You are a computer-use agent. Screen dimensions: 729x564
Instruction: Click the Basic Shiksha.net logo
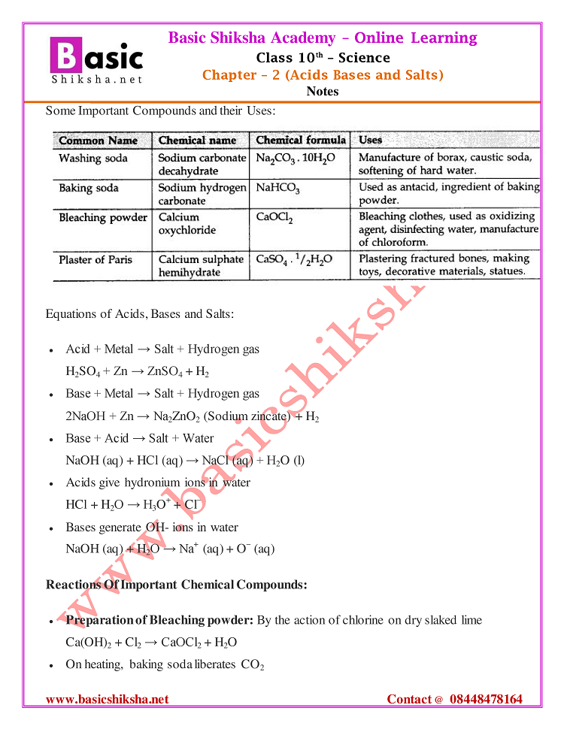point(96,59)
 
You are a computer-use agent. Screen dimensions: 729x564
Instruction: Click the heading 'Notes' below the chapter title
point(323,92)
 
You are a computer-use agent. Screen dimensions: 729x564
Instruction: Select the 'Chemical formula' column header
point(301,141)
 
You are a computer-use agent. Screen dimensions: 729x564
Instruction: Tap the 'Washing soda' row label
point(93,159)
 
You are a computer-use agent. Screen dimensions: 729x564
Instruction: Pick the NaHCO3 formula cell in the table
point(277,188)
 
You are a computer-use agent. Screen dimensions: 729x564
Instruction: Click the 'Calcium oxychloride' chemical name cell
point(187,224)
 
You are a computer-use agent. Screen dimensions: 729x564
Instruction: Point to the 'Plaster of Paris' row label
point(96,260)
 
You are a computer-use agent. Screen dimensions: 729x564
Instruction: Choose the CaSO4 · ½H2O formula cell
point(294,260)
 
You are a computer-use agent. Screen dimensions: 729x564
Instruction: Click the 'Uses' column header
point(371,141)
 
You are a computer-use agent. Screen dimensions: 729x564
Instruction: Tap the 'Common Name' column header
point(99,141)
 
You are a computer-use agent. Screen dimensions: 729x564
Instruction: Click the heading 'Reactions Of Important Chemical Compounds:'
point(177,585)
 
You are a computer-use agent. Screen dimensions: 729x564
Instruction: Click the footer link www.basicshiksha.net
point(108,700)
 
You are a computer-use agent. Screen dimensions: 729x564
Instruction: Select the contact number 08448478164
point(486,700)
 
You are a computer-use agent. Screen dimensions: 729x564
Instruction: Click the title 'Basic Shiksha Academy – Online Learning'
point(323,38)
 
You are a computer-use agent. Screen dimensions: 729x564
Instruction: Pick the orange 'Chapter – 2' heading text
point(230,75)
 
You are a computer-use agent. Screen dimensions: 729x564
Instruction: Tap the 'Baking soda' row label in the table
point(89,188)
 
